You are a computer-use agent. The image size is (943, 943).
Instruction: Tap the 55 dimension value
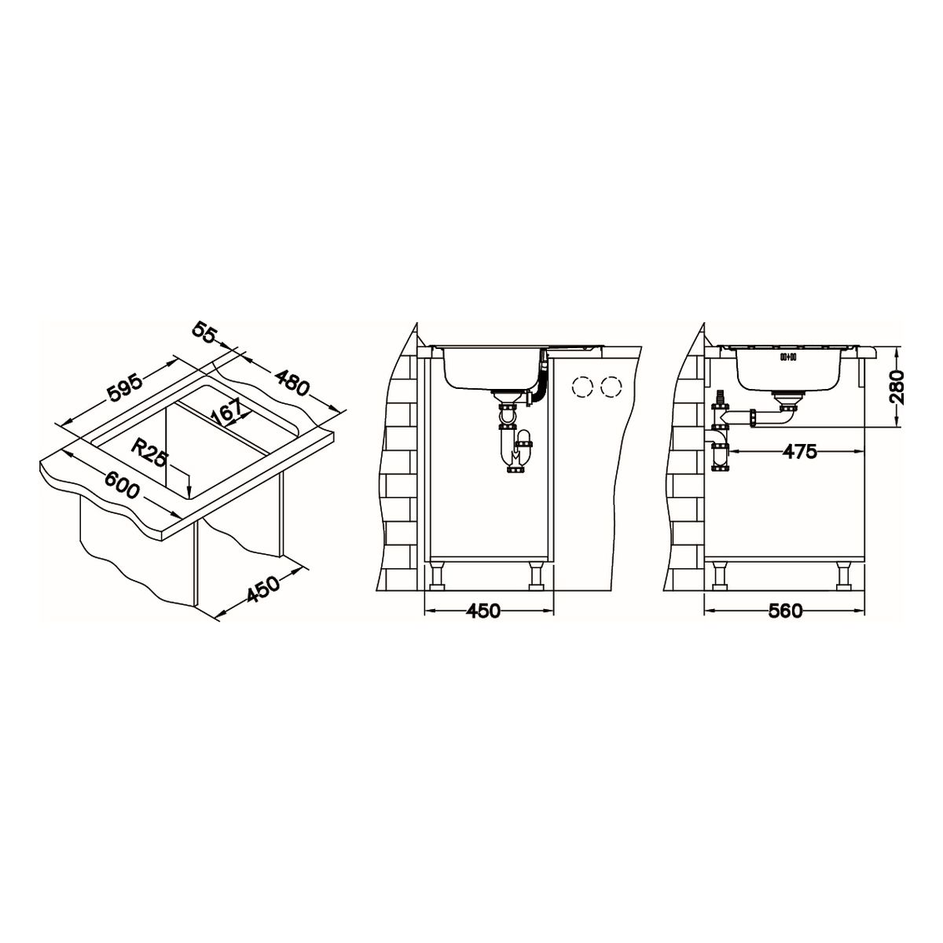click(204, 333)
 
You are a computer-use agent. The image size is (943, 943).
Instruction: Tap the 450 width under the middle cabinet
click(483, 611)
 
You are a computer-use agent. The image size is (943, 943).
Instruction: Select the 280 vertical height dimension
click(897, 386)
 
